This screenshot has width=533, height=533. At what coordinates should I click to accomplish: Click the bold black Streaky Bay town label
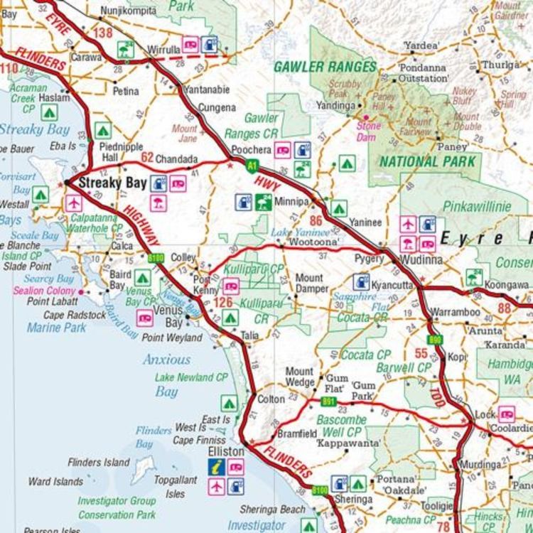[x=112, y=183]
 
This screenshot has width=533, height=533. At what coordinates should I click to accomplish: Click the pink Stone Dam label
[x=368, y=131]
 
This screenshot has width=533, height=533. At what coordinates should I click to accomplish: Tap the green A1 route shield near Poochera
[x=251, y=166]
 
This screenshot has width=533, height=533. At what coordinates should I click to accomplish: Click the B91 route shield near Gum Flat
[x=328, y=402]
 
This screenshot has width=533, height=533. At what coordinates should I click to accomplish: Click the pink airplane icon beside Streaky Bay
[x=73, y=203]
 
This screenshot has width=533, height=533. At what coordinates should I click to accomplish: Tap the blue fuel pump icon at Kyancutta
[x=361, y=281]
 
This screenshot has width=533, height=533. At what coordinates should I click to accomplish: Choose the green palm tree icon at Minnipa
[x=263, y=203]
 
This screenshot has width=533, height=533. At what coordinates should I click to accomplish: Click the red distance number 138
[x=102, y=33]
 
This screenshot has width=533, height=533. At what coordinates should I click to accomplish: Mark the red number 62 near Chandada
[x=147, y=157]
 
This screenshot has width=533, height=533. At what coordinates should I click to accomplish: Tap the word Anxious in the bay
[x=166, y=360]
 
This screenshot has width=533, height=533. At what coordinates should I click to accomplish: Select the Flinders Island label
[x=99, y=463]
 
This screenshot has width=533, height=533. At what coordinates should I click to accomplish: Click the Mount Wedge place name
[x=299, y=377]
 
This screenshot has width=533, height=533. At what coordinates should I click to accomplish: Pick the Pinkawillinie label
[x=476, y=207]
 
